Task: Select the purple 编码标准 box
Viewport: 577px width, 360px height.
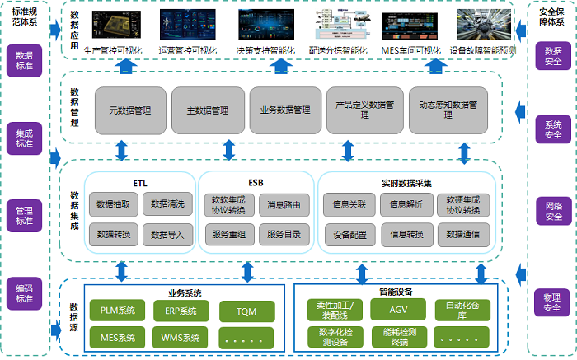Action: (x=24, y=292)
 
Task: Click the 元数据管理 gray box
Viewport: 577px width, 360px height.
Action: (x=129, y=110)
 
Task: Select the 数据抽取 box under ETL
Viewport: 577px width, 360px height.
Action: (x=112, y=203)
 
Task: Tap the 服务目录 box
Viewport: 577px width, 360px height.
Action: (x=284, y=235)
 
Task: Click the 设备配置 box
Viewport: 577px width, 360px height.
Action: (x=349, y=235)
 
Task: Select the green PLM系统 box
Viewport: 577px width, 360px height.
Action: (x=117, y=311)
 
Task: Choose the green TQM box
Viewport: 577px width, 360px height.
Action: (x=246, y=311)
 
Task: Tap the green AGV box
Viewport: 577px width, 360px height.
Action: (x=399, y=310)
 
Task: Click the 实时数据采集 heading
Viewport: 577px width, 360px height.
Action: (x=406, y=183)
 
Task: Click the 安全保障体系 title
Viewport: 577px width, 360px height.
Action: (x=551, y=16)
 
